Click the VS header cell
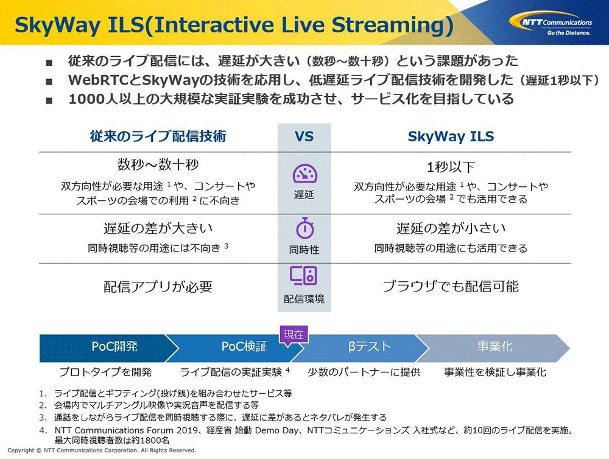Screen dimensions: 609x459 [x=304, y=137]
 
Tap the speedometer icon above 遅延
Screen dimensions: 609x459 [x=305, y=173]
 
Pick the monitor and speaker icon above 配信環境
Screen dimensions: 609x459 [x=303, y=276]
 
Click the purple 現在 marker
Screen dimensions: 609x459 [x=294, y=335]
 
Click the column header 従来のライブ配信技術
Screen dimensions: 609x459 [x=158, y=136]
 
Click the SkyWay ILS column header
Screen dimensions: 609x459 [x=451, y=137]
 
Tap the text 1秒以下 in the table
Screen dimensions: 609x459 [x=451, y=167]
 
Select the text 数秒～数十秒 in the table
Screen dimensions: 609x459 [x=158, y=164]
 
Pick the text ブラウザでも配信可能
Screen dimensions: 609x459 [x=451, y=287]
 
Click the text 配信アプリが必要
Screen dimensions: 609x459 [x=158, y=287]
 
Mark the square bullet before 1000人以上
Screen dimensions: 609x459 [x=49, y=100]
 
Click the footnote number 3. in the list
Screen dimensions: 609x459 [x=43, y=418]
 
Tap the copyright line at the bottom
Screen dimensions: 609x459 [x=102, y=450]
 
